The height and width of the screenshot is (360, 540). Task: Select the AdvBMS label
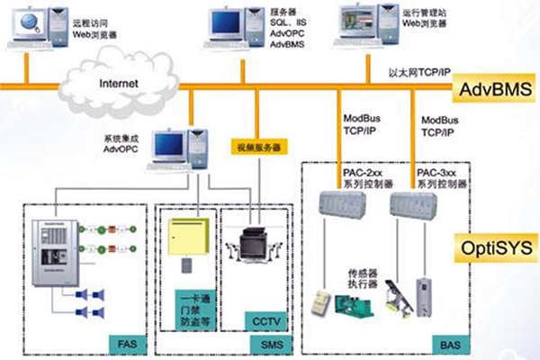coord(494,89)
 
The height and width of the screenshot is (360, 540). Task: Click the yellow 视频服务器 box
coord(259,145)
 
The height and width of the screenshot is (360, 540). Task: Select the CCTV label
coord(263,319)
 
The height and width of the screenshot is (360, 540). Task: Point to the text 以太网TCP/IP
coord(419,70)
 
